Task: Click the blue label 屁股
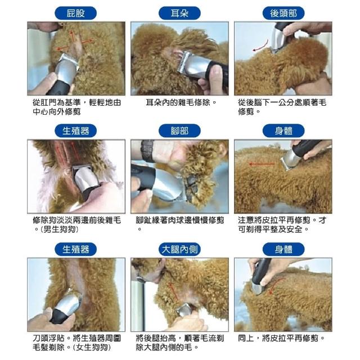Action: (75, 13)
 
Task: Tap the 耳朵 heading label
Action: (179, 13)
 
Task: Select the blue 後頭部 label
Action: (283, 13)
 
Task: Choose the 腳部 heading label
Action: (179, 131)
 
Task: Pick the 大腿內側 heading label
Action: (179, 249)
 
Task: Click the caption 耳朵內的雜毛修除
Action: (178, 102)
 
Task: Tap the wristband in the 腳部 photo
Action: (147, 151)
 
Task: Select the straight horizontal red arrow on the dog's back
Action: (262, 164)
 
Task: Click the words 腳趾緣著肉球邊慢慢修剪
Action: (179, 220)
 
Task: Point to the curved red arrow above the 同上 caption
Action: (276, 285)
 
